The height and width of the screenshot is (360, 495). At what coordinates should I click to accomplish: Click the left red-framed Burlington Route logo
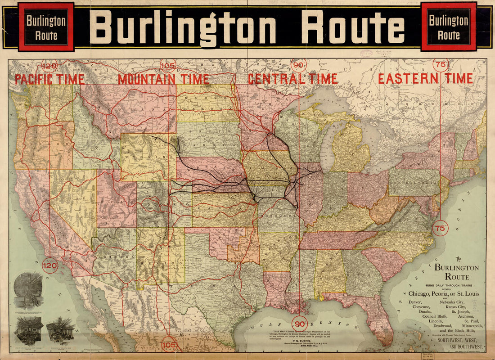46,27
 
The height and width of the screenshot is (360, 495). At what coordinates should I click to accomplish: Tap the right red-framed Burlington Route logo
449,27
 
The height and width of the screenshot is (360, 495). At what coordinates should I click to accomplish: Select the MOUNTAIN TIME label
163,80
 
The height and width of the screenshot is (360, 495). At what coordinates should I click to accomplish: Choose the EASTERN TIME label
425,79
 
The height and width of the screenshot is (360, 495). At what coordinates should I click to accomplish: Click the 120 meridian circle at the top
50,67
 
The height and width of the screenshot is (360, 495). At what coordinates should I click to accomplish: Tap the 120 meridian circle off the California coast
49,266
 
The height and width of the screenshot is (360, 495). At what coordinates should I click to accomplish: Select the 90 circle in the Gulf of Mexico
300,324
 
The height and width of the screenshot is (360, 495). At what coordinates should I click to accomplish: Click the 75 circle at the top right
441,65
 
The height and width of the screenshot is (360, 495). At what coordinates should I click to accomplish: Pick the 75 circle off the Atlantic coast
441,228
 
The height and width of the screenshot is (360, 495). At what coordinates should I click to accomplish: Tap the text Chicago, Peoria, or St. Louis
443,294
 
